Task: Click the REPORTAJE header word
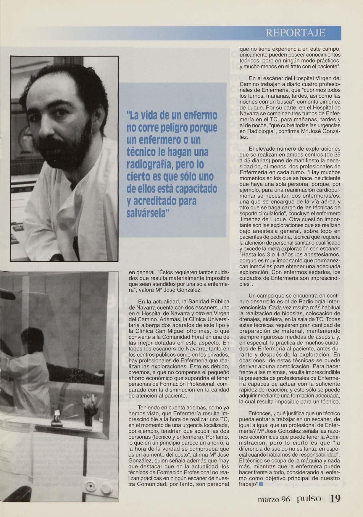296,33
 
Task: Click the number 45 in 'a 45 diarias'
245,160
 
